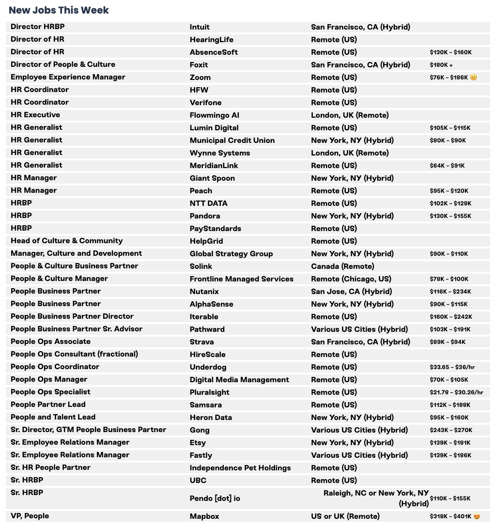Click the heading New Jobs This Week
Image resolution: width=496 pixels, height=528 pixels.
(59, 10)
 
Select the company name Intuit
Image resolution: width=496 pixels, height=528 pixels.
(200, 27)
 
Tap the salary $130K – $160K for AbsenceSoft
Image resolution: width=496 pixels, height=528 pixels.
(450, 52)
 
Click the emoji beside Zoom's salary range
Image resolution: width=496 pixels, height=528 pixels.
(474, 77)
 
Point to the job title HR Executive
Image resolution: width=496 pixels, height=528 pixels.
(35, 115)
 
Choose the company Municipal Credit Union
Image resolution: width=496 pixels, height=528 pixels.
(232, 140)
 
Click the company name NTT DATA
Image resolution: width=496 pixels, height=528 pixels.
(208, 203)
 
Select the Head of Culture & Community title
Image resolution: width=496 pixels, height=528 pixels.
(67, 241)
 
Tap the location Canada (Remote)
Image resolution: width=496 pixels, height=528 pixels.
(342, 266)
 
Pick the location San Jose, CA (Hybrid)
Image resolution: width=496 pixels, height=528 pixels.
(351, 292)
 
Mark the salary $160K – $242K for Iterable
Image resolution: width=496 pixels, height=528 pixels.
(451, 317)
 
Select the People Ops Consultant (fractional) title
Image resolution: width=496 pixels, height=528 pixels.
(74, 354)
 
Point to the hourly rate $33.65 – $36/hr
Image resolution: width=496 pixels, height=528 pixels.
(452, 367)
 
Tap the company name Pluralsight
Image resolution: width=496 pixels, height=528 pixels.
(209, 392)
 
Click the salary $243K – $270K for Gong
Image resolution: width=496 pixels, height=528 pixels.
(451, 430)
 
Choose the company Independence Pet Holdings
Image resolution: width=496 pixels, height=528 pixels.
(240, 468)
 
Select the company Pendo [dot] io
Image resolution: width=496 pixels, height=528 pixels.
(215, 498)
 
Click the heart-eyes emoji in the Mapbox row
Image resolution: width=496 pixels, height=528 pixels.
(477, 516)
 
